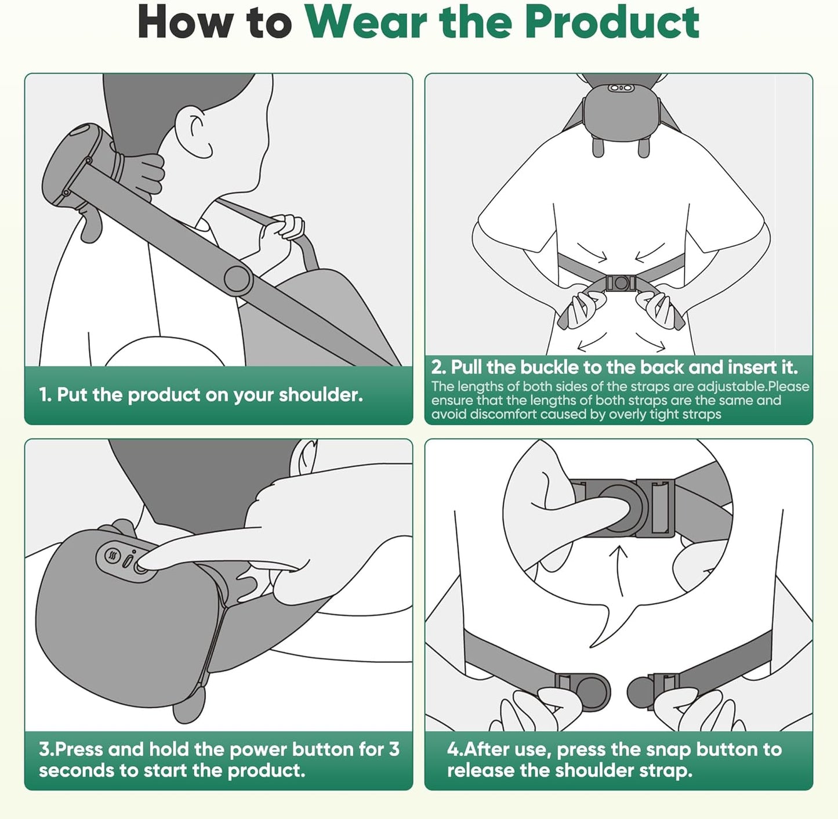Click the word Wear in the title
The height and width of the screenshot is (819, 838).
(368, 23)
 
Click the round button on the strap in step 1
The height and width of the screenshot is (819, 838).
(238, 280)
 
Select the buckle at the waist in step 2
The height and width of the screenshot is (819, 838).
(620, 283)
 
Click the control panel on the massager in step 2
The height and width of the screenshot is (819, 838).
(620, 88)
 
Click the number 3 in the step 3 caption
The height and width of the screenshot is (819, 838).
(394, 749)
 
